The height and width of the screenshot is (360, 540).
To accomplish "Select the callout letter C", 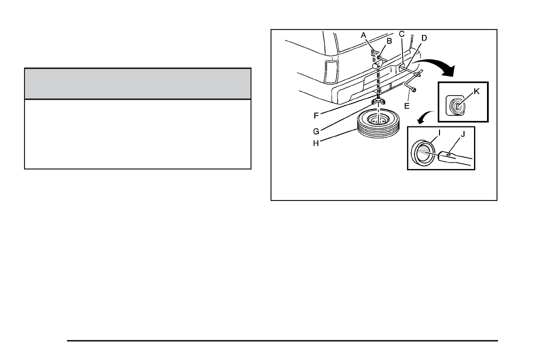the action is coord(401,34).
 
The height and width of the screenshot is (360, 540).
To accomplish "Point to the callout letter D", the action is coord(424,37).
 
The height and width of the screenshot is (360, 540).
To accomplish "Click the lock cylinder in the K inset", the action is coord(457,106).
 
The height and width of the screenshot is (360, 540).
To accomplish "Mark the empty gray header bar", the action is coord(137,84).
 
